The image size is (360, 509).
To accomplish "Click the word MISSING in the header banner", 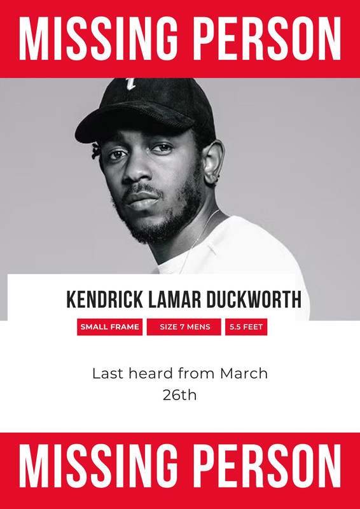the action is (x=99, y=39).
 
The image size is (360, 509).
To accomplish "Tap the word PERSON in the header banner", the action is (x=270, y=39).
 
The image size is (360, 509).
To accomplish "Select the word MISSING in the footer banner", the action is (x=99, y=466).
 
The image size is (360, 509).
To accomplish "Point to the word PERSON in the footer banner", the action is (x=270, y=466).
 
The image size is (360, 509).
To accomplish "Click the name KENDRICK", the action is (x=104, y=300).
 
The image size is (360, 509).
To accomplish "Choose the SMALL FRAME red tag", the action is (x=110, y=327).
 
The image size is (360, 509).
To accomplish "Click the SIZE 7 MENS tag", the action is (x=184, y=327).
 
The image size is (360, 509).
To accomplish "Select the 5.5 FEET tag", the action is (x=246, y=327).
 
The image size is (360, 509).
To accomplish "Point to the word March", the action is (x=244, y=373).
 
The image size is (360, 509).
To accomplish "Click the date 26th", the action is (x=180, y=395).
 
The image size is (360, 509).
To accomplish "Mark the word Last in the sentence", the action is (x=109, y=373).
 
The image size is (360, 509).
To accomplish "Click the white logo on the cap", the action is (x=131, y=83).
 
